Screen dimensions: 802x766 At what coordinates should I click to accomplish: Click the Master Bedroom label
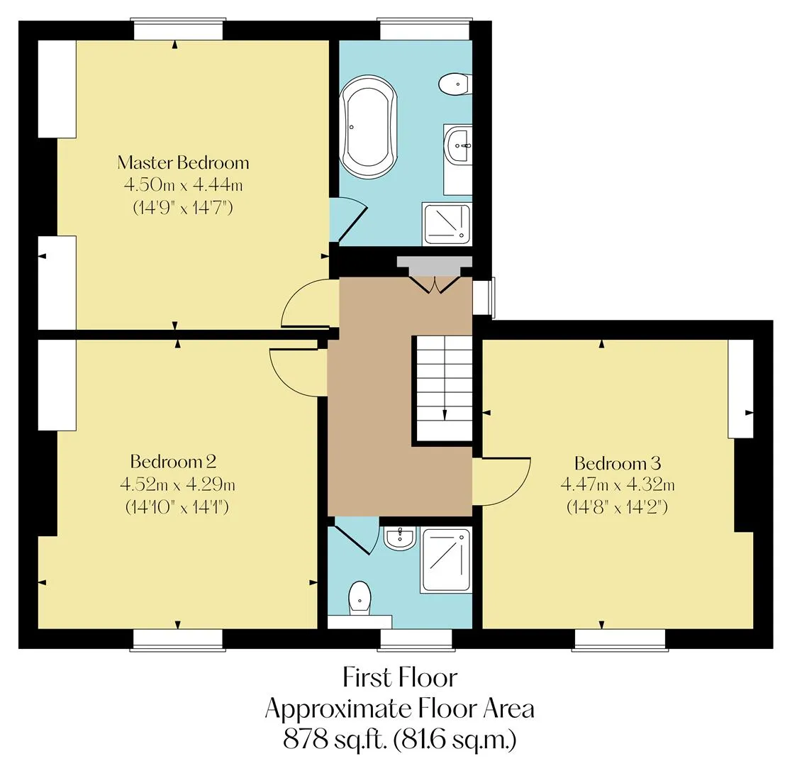tap(183, 162)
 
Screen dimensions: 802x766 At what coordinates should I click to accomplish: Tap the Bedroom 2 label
tap(174, 462)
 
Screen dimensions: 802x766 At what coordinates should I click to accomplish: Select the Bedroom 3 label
tap(618, 463)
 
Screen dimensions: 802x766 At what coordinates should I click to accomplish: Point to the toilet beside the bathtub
tap(455, 84)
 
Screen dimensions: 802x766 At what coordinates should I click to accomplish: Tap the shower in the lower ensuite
tap(445, 560)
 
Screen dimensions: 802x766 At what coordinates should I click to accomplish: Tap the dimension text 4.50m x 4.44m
tap(183, 184)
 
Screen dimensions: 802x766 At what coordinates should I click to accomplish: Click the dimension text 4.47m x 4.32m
tap(618, 484)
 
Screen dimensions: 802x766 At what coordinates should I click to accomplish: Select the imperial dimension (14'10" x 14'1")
tap(177, 507)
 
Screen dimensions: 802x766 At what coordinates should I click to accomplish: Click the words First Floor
tap(400, 677)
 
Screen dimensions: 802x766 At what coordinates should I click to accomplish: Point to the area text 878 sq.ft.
tap(335, 739)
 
